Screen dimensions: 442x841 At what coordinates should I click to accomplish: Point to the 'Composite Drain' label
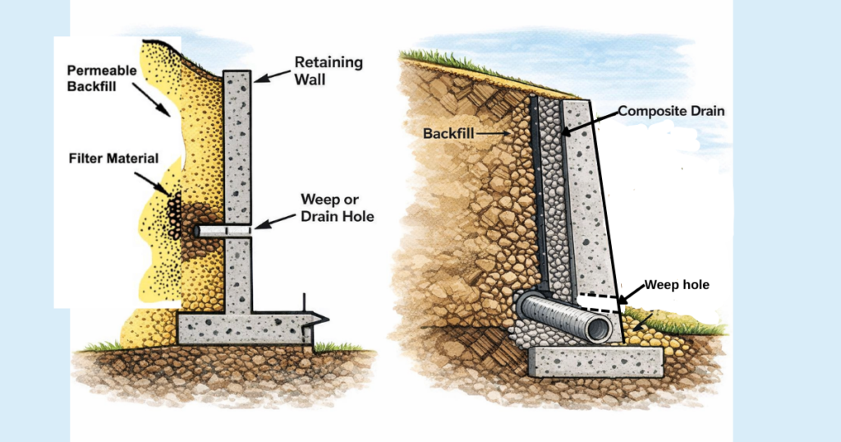671,110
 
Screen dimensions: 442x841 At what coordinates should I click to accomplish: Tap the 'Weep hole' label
676,285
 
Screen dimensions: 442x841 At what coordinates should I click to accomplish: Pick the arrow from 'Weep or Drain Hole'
274,222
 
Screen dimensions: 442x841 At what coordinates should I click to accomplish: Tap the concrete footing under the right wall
595,361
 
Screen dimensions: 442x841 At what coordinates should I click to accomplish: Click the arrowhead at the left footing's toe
318,320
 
